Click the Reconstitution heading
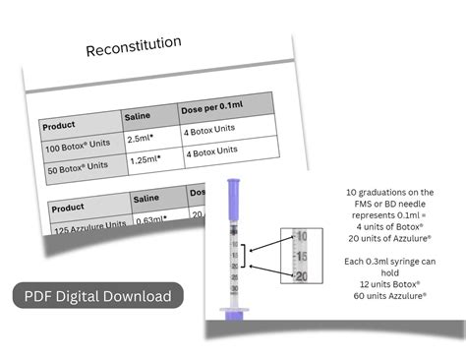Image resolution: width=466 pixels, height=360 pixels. tap(134, 46)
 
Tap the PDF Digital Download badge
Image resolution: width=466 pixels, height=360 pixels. tap(98, 295)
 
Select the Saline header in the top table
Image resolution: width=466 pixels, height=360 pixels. tap(139, 117)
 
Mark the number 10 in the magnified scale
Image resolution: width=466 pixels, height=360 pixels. tap(301, 236)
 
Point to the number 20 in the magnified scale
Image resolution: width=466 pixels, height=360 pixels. tap(301, 275)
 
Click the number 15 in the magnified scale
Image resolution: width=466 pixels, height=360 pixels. tap(301, 256)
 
